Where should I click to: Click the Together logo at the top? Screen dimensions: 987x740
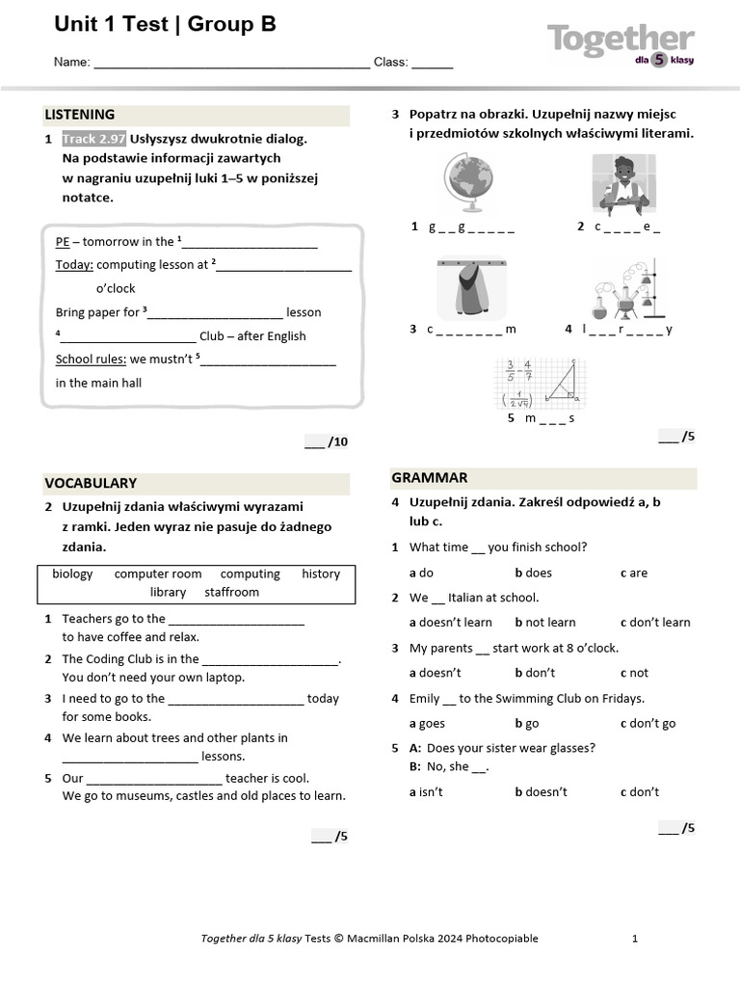click(621, 43)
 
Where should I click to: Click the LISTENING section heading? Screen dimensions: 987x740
click(80, 115)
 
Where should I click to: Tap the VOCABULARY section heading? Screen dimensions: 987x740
click(91, 483)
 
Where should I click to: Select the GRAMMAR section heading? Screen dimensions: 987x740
click(429, 477)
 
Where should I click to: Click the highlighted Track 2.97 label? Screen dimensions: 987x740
click(93, 139)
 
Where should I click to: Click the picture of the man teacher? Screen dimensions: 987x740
click(622, 184)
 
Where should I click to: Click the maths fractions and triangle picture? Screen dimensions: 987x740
click(540, 384)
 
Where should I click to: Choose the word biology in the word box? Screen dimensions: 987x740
click(72, 574)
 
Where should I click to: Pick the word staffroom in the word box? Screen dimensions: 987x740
click(231, 592)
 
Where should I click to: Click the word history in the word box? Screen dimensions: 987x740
click(320, 574)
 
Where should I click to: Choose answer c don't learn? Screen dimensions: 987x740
click(655, 623)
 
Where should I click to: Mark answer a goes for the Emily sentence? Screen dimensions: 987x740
click(427, 723)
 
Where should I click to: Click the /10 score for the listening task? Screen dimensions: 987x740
click(327, 442)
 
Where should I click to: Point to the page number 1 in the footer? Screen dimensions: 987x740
click(634, 938)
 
